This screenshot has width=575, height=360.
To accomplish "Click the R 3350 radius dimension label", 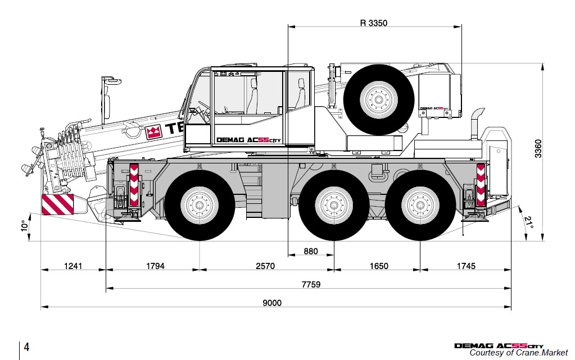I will coord(374,23).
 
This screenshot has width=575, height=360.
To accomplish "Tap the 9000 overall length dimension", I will coord(272,303).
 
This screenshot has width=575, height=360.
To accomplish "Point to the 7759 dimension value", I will coord(310,284).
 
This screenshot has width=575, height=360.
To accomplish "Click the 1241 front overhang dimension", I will coord(73,266).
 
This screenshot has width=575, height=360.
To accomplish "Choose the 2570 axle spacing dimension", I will coord(265,266).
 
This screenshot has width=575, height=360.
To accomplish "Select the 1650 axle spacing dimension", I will coord(378,266).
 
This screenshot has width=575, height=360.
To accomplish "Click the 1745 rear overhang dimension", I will coord(465,266).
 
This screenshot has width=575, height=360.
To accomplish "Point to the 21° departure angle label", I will coord(528,223).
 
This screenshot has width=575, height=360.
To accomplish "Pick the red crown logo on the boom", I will coord(153,133).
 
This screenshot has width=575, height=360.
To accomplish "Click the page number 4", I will coord(26,347).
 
